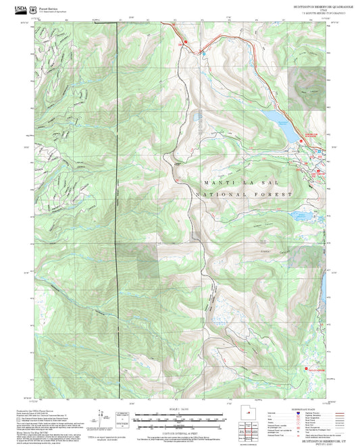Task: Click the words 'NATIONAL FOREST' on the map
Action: [243, 195]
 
